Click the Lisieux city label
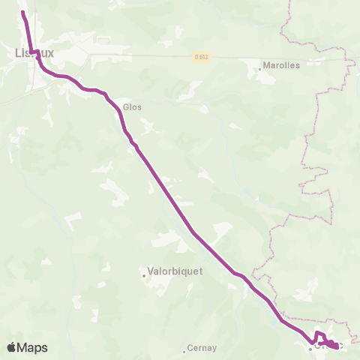click(x=34, y=52)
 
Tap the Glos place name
click(x=133, y=107)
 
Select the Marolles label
click(x=283, y=65)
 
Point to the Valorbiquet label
click(x=175, y=273)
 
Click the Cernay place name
click(x=202, y=348)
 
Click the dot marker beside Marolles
click(x=260, y=69)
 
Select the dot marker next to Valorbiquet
click(x=144, y=275)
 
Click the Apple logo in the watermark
click(x=11, y=347)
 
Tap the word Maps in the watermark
click(x=33, y=347)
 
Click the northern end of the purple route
click(x=22, y=13)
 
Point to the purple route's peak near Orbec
click(x=318, y=332)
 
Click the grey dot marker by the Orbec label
click(x=309, y=349)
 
